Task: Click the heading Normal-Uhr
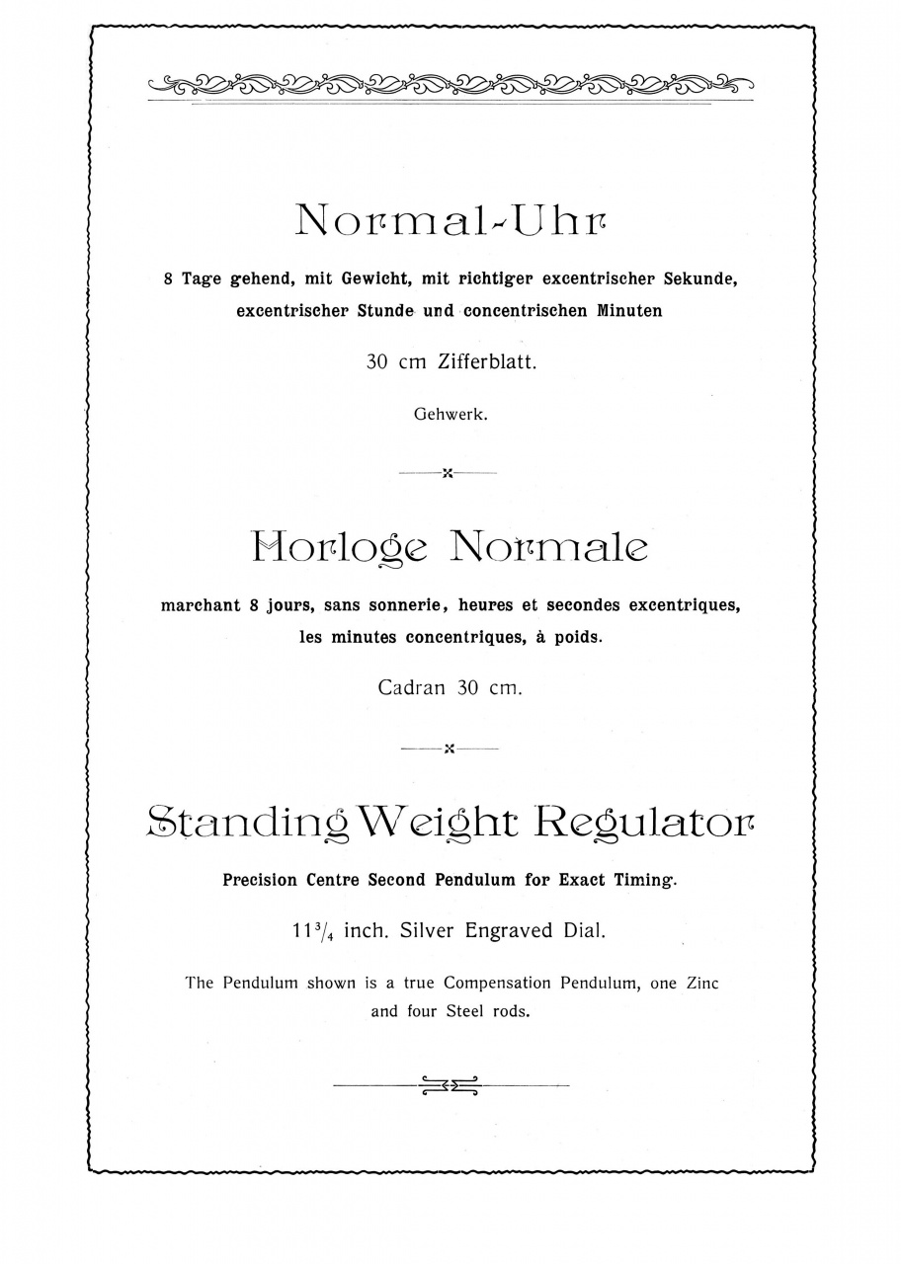[x=450, y=219]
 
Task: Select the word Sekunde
[x=700, y=279]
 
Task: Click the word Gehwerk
[x=450, y=415]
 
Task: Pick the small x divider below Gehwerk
[x=449, y=474]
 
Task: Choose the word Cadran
[x=411, y=688]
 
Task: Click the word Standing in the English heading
[x=247, y=821]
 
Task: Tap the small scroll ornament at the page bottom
[x=450, y=1085]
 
